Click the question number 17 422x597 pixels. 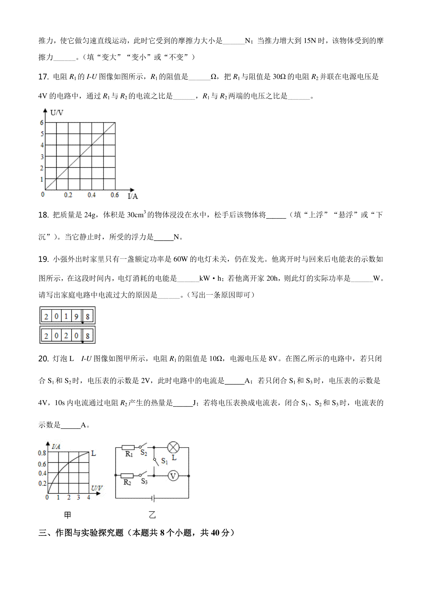tap(43, 77)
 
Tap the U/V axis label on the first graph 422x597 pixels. tap(57, 113)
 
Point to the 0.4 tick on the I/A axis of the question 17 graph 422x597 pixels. tap(91, 195)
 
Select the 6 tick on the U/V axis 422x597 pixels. tap(42, 123)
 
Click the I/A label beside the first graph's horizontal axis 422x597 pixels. tap(133, 196)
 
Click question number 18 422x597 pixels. tap(43, 215)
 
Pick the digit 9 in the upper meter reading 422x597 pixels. tap(76, 316)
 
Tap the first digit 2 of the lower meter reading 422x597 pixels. tap(46, 336)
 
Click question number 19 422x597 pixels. tap(43, 259)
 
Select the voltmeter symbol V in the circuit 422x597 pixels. tap(173, 476)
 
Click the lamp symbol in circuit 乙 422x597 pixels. tap(173, 448)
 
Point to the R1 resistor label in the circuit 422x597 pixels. tap(129, 454)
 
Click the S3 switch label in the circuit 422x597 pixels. tap(144, 481)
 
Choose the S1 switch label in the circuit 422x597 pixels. tap(164, 461)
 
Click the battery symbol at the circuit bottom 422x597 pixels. tap(152, 498)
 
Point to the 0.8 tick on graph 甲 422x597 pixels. tap(42, 453)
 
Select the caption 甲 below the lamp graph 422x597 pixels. tap(68, 515)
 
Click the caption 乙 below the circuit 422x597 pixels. tap(152, 515)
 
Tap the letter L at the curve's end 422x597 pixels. tap(94, 454)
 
